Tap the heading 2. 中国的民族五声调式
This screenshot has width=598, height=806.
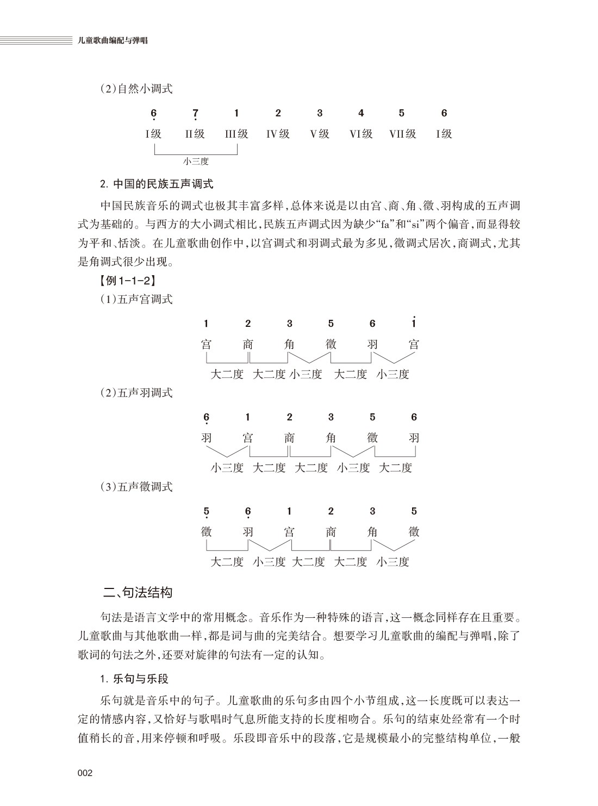tap(157, 184)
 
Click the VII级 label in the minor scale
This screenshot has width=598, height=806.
tap(402, 134)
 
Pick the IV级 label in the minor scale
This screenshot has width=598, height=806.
tap(278, 134)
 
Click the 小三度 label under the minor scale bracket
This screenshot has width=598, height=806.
tap(196, 161)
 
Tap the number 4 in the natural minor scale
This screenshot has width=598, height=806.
tap(361, 113)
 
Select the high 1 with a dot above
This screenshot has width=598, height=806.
tap(414, 323)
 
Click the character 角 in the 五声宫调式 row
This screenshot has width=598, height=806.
tap(289, 344)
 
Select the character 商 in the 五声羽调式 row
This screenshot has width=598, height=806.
tap(289, 438)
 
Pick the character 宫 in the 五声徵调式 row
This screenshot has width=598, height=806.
tap(289, 532)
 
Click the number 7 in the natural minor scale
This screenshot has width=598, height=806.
tap(195, 113)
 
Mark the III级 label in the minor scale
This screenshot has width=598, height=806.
tap(236, 134)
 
